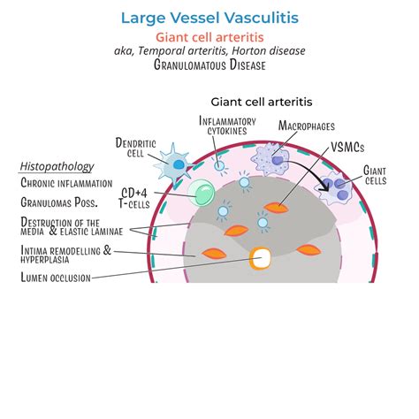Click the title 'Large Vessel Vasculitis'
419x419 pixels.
pos(209,16)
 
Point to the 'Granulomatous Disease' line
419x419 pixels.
pos(209,65)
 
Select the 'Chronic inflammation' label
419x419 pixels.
pos(66,183)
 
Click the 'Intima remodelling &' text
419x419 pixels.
pos(65,250)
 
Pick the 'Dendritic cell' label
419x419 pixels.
pos(130,148)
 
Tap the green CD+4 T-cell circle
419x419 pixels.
pos(202,193)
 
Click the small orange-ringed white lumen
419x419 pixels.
pos(261,258)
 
